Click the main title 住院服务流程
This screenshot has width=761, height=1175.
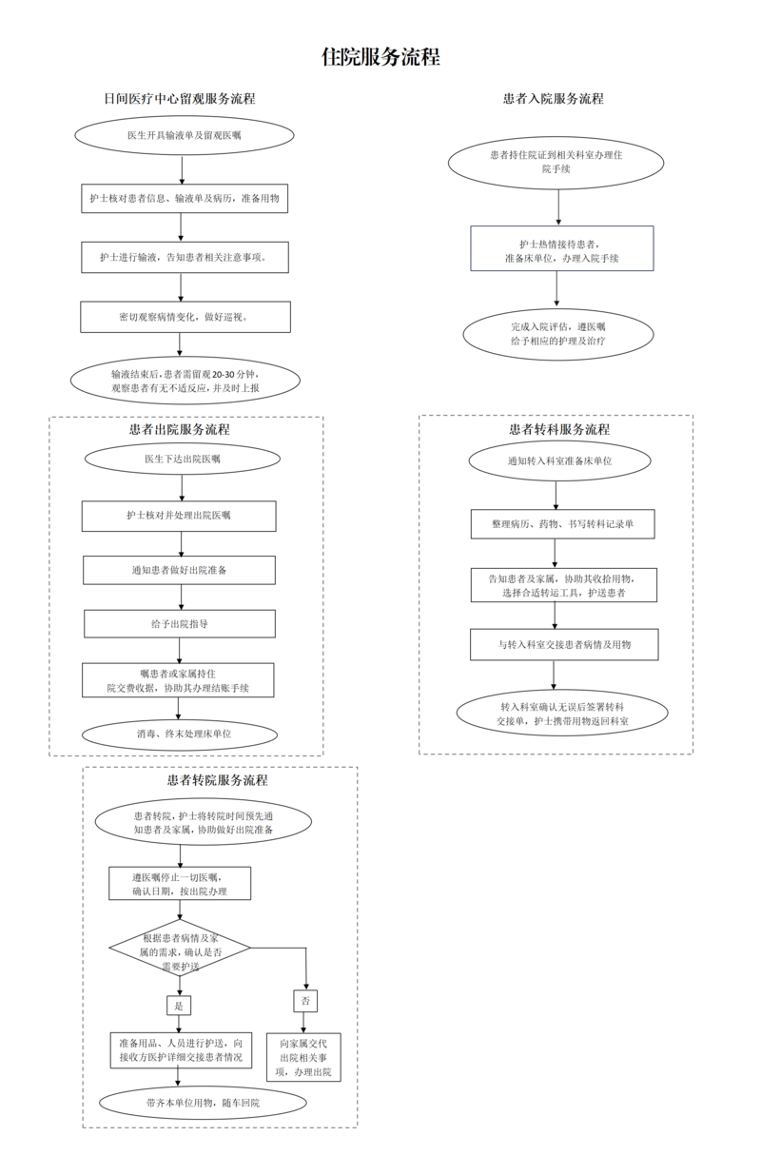tap(380, 57)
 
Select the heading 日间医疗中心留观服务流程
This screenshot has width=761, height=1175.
tap(180, 99)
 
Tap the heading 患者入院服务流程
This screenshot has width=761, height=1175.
tap(554, 99)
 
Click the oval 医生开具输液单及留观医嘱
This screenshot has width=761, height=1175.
tap(185, 135)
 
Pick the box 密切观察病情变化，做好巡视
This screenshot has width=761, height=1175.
tap(185, 317)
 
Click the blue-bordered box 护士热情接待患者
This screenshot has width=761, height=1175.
tap(561, 248)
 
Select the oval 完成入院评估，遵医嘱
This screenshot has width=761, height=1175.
tap(558, 334)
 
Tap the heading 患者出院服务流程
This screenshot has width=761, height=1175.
tap(180, 430)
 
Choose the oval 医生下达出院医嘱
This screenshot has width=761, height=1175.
tap(183, 459)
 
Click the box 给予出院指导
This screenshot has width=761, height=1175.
tap(180, 624)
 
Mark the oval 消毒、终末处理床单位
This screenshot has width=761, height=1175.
tap(180, 734)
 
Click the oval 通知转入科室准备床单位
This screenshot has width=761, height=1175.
tap(559, 461)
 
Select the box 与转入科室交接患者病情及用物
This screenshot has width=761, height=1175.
tap(564, 645)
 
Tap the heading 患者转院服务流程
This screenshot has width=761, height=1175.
tap(217, 780)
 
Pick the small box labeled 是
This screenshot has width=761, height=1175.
tap(179, 1006)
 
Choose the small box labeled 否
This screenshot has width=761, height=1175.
tap(305, 1001)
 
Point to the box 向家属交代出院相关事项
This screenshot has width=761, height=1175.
tap(303, 1058)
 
